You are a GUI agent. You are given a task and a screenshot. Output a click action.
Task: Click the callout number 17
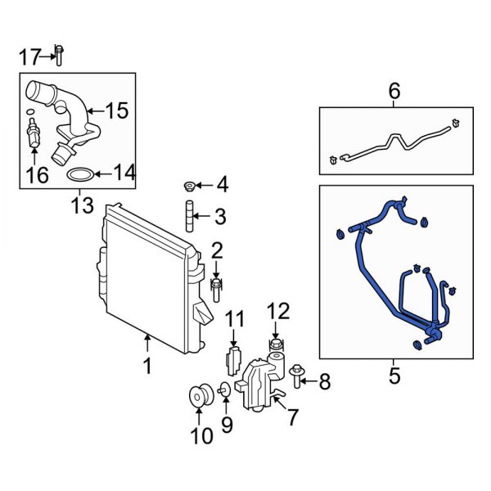point(29,56)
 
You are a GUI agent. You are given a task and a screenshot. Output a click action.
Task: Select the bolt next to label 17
point(60,54)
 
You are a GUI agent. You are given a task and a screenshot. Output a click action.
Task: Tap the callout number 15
point(116,110)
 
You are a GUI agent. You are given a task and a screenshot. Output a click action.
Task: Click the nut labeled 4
point(189,186)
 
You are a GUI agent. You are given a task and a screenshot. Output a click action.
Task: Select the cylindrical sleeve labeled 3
point(189,217)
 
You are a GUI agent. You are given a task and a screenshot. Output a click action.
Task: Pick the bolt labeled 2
point(217,286)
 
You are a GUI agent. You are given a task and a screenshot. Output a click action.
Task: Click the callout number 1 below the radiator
point(147,366)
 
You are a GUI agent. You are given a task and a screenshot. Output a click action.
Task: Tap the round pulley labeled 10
point(199,397)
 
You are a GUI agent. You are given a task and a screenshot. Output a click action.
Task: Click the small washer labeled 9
point(225,389)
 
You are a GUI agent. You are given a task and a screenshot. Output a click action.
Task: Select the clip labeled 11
point(232,358)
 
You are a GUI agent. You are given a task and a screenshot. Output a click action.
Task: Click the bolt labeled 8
point(296,377)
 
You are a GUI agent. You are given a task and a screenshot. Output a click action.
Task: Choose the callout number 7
point(291,417)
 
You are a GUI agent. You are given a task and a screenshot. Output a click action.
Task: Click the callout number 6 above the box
point(394,92)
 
